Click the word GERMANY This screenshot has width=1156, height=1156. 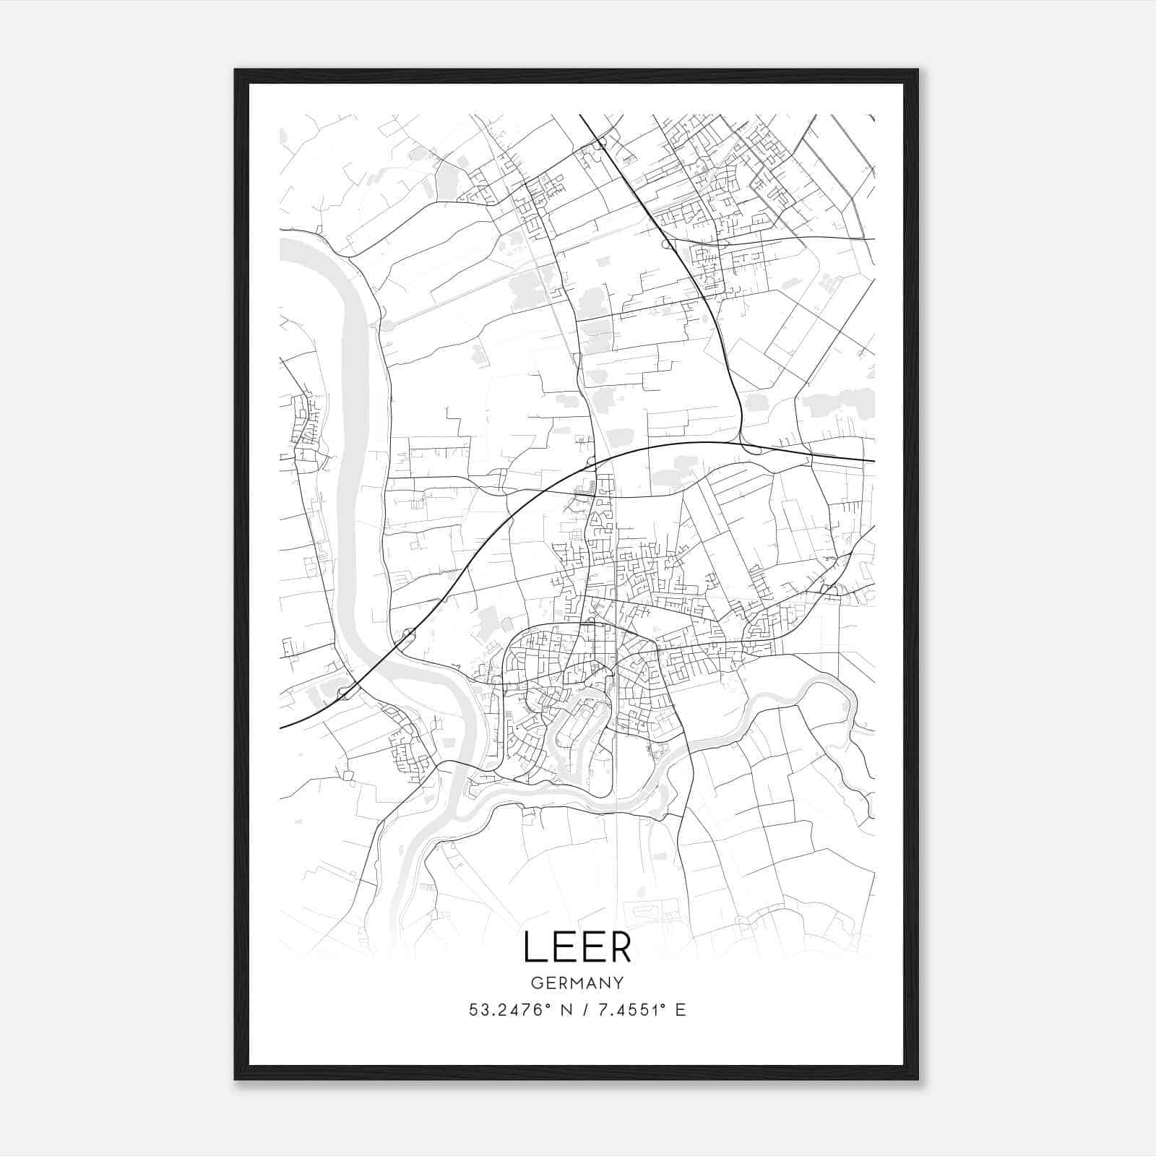click(577, 983)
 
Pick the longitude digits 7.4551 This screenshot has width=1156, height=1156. click(626, 1010)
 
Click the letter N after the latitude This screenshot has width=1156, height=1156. click(565, 1010)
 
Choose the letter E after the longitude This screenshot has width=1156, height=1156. click(680, 1010)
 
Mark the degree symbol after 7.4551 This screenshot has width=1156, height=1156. click(660, 1005)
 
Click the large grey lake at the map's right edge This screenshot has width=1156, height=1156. click(838, 403)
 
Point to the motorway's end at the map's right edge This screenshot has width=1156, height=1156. click(873, 460)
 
